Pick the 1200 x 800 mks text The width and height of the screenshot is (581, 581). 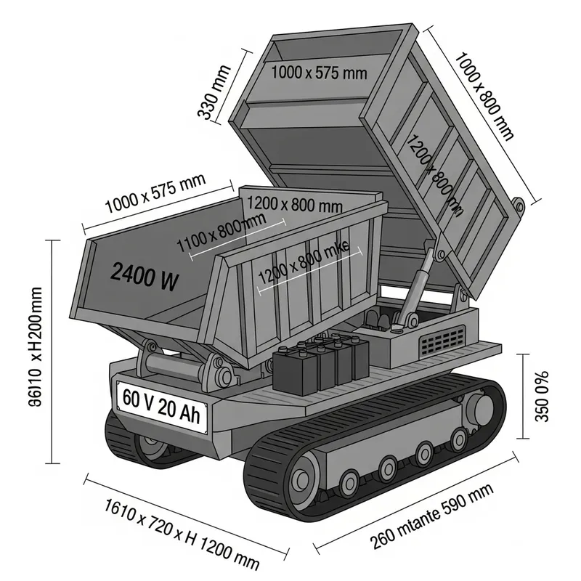click(304, 262)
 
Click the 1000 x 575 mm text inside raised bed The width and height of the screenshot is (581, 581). click(319, 73)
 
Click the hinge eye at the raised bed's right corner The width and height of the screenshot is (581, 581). click(519, 206)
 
